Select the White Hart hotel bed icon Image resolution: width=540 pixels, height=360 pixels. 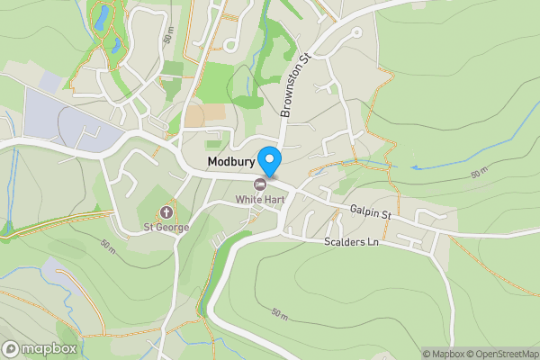point(261,184)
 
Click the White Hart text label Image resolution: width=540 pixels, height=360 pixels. point(260,199)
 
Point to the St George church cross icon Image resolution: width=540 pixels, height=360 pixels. point(166,212)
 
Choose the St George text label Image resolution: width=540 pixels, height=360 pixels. point(166,227)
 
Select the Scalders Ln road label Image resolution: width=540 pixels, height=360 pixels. point(350,243)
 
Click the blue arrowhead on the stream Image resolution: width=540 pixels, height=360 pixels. point(416,167)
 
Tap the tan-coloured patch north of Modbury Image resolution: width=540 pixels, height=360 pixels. point(194,115)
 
